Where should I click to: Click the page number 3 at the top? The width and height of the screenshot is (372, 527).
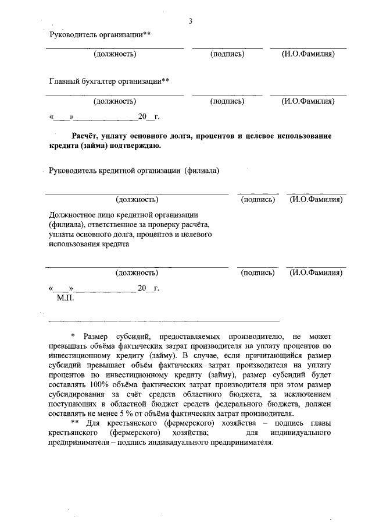click(x=190, y=22)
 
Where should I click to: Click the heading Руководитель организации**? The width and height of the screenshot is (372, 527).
click(x=100, y=34)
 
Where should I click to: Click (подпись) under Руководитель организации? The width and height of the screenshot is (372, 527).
click(x=227, y=54)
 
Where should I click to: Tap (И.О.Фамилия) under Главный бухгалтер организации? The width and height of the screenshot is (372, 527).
click(x=307, y=101)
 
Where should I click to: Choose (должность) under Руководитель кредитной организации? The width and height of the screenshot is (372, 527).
click(x=137, y=200)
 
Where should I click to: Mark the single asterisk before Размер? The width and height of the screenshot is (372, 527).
click(x=73, y=337)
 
